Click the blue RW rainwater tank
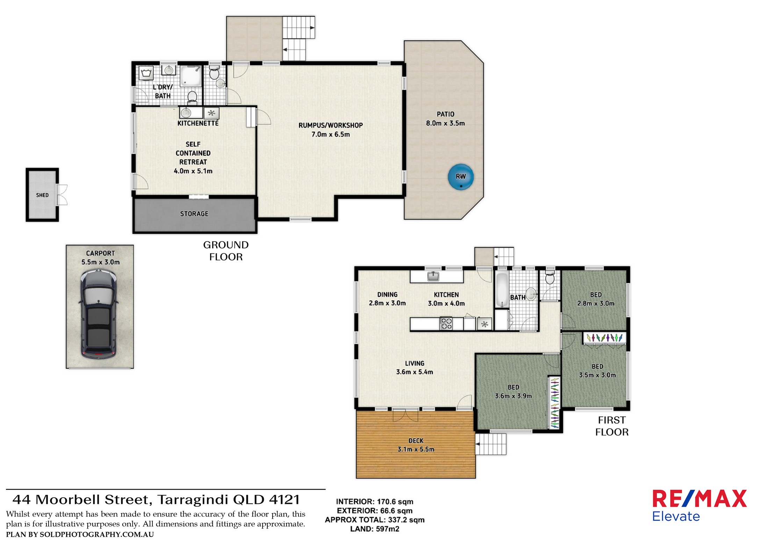point(461,177)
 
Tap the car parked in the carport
point(98,316)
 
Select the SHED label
point(42,195)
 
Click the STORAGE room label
point(194,214)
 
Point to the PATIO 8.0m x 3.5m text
point(445,118)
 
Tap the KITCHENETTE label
point(198,123)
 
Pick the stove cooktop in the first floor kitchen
point(446,323)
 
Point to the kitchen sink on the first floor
point(433,276)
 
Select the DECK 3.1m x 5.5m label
point(416,445)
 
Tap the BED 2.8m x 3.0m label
point(596,299)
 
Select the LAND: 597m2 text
point(374,529)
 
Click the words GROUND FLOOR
point(226,251)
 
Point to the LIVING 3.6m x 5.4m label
point(414,368)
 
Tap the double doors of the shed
point(63,195)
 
